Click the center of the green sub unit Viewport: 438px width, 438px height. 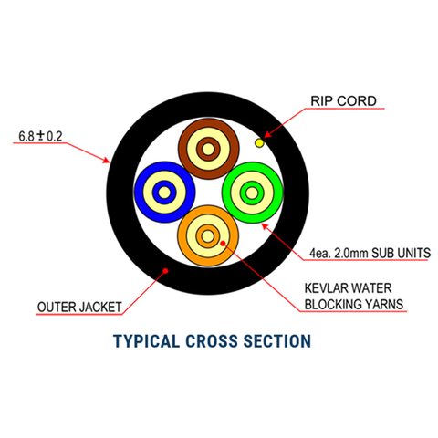pos(252,192)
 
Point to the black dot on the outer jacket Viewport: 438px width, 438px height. pos(164,269)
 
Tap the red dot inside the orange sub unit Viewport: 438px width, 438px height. pos(223,245)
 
